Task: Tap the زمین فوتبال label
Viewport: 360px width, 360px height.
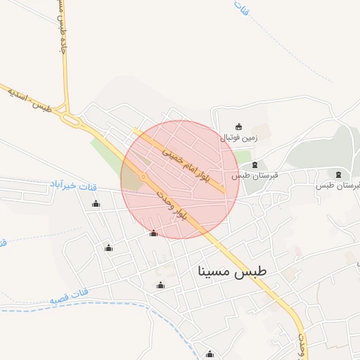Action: (x=240, y=138)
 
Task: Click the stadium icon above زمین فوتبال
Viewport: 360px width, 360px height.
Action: (x=239, y=127)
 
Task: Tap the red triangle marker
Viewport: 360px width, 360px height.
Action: (x=153, y=233)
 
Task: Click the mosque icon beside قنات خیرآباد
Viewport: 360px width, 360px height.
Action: (x=96, y=204)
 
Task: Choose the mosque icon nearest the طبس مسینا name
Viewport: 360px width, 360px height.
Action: (x=160, y=285)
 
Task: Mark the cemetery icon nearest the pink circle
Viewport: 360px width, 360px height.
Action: (x=254, y=165)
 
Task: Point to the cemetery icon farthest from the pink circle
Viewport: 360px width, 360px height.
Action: (x=339, y=174)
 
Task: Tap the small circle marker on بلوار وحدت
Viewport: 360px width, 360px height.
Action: (x=143, y=176)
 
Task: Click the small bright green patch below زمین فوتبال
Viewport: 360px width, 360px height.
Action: (x=242, y=156)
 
